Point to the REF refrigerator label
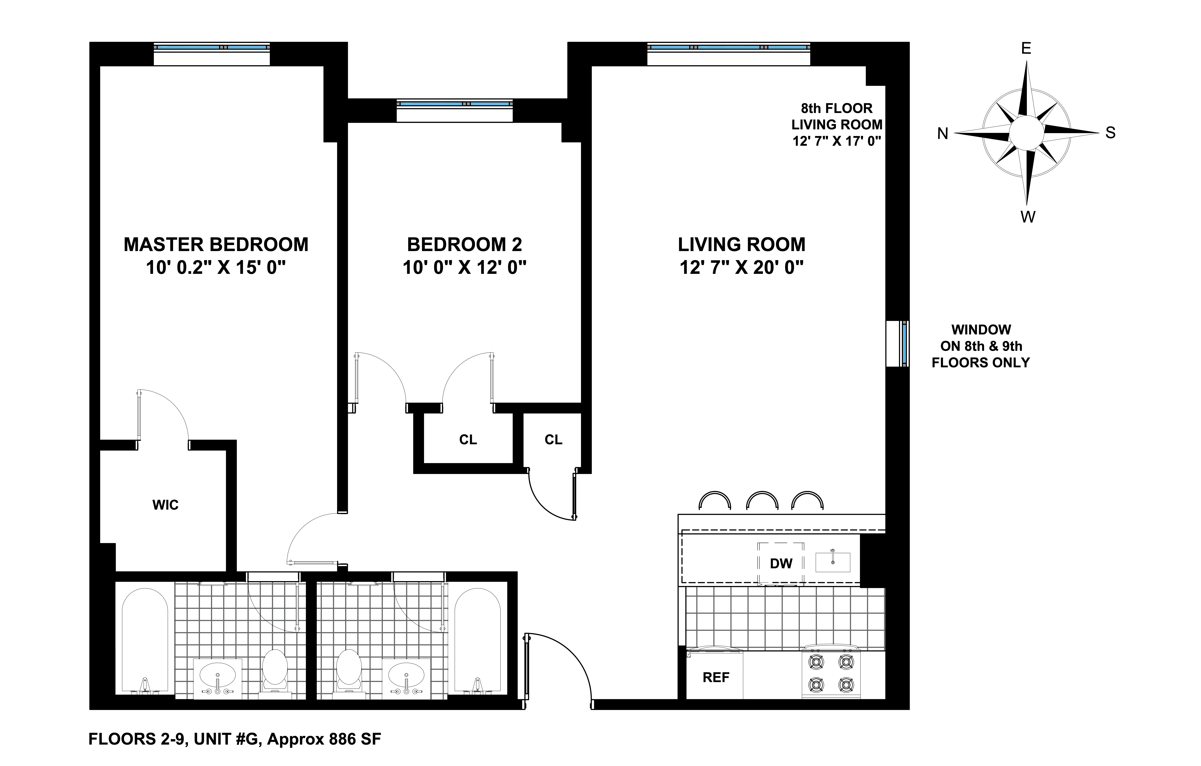[x=716, y=677]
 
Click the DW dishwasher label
[x=781, y=564]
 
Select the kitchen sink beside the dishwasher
[x=832, y=562]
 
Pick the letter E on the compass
[x=1026, y=48]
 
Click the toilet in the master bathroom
[x=275, y=671]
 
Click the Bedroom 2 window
[x=454, y=104]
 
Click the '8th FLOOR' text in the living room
[x=836, y=108]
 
